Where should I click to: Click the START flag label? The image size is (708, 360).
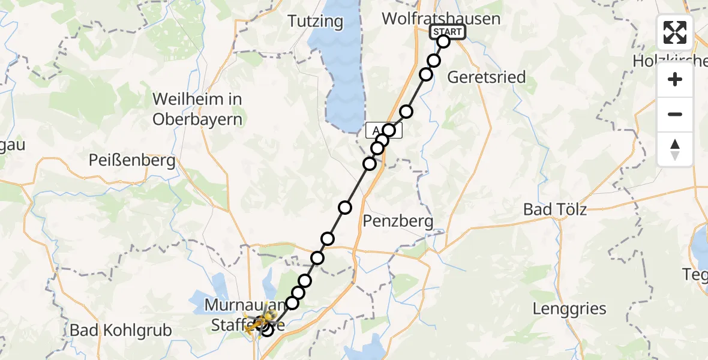point(447,32)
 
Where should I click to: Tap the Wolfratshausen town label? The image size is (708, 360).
point(441,19)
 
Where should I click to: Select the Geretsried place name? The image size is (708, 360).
point(487,77)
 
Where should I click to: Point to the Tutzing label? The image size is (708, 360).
point(315,22)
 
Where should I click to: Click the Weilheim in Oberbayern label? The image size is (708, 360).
point(197,109)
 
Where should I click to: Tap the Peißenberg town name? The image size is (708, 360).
point(132,160)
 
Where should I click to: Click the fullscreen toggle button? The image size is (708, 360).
point(675,32)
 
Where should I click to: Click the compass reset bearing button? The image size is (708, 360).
point(675,149)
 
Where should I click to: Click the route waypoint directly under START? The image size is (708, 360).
point(443,41)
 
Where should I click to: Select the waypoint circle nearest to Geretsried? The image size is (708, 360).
point(426,74)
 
